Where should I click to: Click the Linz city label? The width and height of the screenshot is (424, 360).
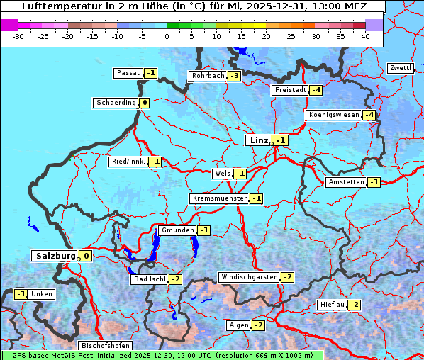coord(259,140)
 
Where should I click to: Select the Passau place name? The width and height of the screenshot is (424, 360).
coord(129,73)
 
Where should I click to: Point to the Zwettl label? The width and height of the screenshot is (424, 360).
coord(401,68)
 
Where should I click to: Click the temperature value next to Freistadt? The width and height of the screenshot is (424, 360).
coord(316,90)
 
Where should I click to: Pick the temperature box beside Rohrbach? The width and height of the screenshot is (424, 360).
coord(234,76)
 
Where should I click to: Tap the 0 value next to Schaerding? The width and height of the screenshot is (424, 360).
coord(145,103)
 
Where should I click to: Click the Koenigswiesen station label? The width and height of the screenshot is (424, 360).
coord(334,115)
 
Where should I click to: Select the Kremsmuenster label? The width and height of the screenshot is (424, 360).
coord(219,198)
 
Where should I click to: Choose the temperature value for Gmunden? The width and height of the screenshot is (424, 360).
coord(203,230)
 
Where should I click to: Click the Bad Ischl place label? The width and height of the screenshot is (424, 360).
coord(149,279)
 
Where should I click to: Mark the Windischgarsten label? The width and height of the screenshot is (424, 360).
coord(249,277)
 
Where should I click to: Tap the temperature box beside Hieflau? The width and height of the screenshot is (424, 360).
coord(353,305)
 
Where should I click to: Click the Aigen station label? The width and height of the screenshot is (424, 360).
coord(238,325)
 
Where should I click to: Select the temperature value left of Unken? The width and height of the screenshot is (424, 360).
coord(21,294)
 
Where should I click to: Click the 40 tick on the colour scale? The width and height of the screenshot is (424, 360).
coord(365,35)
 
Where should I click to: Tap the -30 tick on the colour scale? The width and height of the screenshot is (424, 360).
coord(18,35)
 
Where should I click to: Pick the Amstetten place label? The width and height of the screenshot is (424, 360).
coord(345,182)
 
